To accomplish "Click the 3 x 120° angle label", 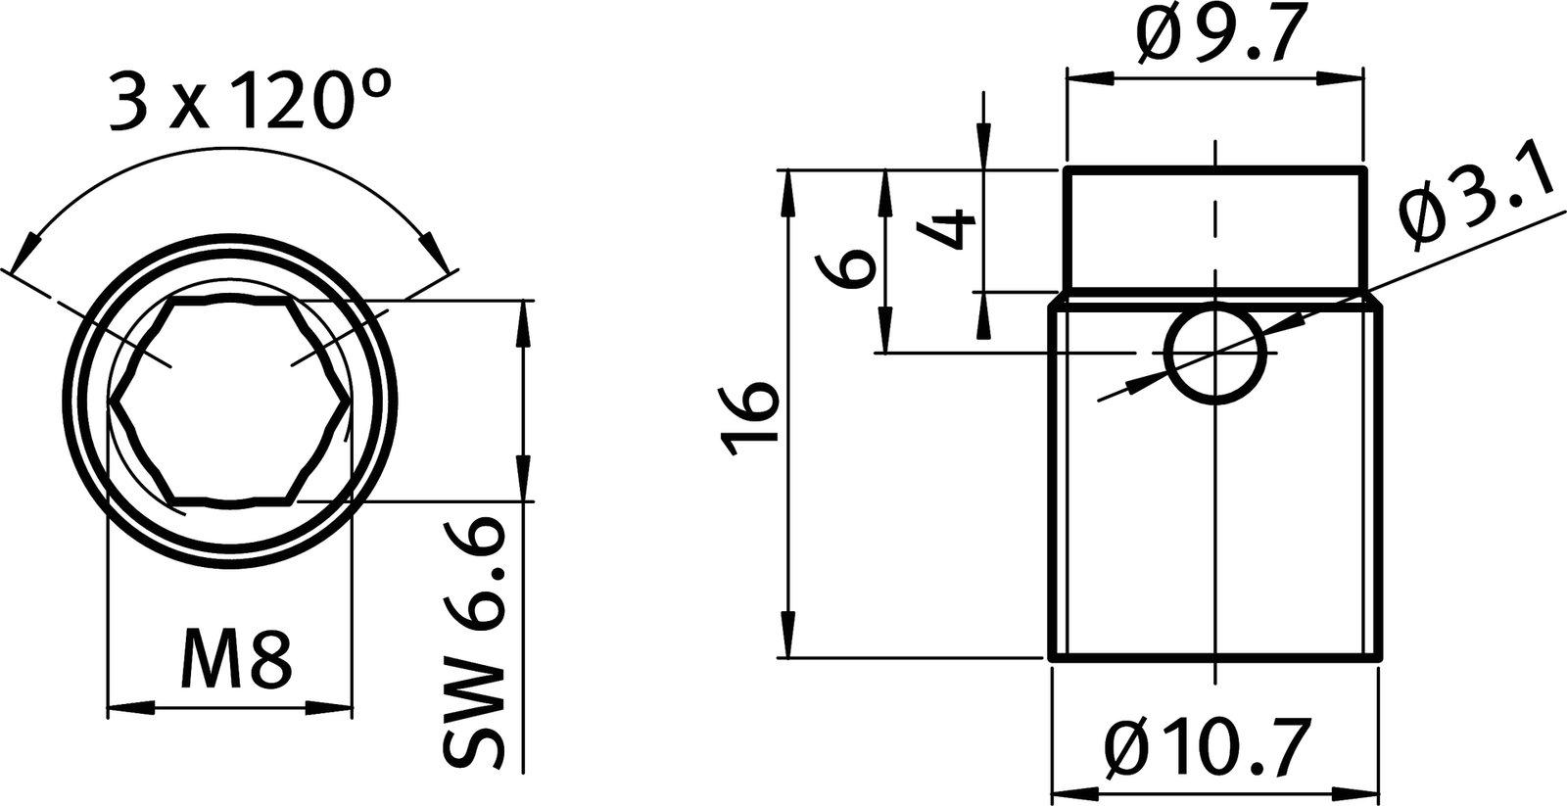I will [x=252, y=101].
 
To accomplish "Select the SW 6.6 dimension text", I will [x=474, y=642].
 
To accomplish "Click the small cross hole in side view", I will [x=1214, y=354].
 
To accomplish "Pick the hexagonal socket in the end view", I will [x=231, y=403].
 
